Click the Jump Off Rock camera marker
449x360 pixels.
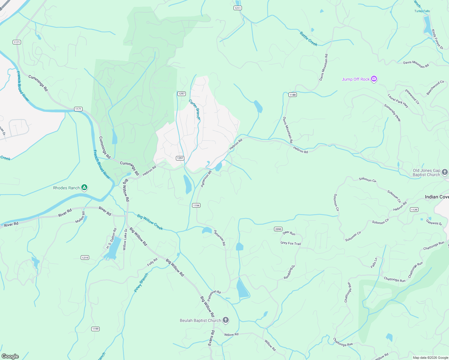click(374, 79)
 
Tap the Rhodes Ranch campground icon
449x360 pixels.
click(85, 188)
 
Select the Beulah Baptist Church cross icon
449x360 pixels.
click(226, 320)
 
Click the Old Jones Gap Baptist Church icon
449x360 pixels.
click(445, 172)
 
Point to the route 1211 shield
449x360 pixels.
click(238, 8)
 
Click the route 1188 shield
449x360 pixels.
click(292, 95)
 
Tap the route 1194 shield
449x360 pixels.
click(196, 205)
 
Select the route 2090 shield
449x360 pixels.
click(278, 229)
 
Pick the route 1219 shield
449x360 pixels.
click(85, 258)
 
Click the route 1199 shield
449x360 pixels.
click(95, 329)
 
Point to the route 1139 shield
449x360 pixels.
click(414, 210)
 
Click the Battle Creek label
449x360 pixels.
click(309, 39)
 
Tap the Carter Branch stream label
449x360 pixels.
click(194, 110)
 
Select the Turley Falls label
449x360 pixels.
click(422, 11)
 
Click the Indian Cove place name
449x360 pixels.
click(437, 197)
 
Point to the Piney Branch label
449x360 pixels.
click(141, 283)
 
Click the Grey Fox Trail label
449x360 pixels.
click(291, 243)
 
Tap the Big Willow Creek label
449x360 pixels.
click(150, 222)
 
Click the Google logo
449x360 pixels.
click(10, 356)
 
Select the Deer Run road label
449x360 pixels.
click(289, 233)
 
